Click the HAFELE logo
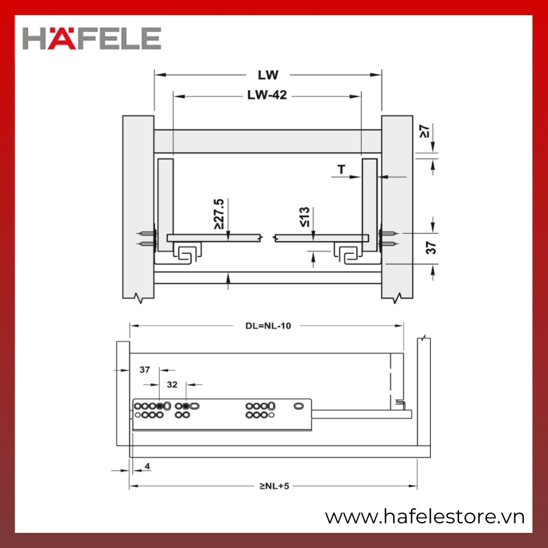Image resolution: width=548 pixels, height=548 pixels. click(92, 38)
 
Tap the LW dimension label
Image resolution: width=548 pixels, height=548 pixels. click(268, 75)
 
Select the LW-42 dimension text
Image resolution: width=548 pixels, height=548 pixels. click(267, 95)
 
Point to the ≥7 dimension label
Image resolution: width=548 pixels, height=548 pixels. click(424, 131)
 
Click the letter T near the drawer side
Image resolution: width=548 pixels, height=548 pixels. click(341, 169)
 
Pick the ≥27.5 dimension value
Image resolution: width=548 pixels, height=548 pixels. click(219, 214)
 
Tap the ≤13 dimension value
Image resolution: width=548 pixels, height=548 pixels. click(304, 216)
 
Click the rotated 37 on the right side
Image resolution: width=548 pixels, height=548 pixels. click(432, 248)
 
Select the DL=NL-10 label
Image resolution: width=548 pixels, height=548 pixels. click(268, 326)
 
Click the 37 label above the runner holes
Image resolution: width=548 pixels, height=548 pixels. click(145, 369)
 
